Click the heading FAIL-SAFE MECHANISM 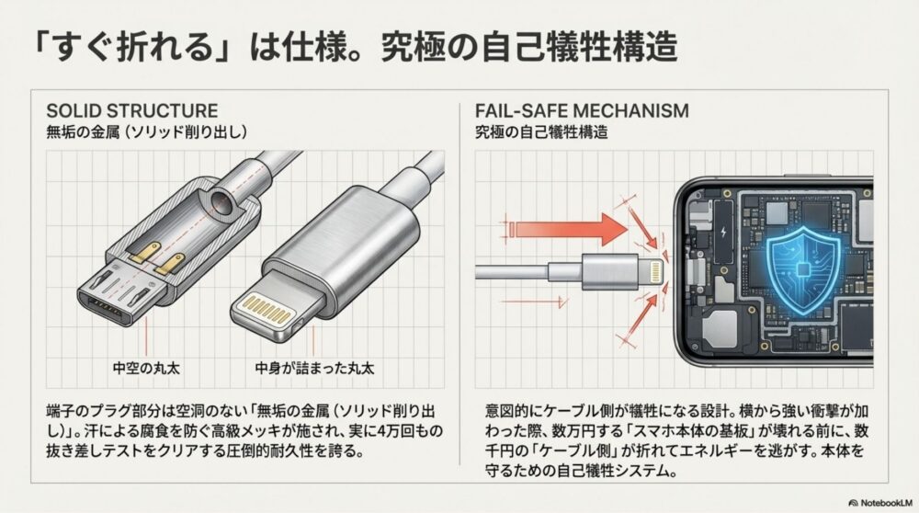tap(581, 110)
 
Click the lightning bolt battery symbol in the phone tap(726, 231)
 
